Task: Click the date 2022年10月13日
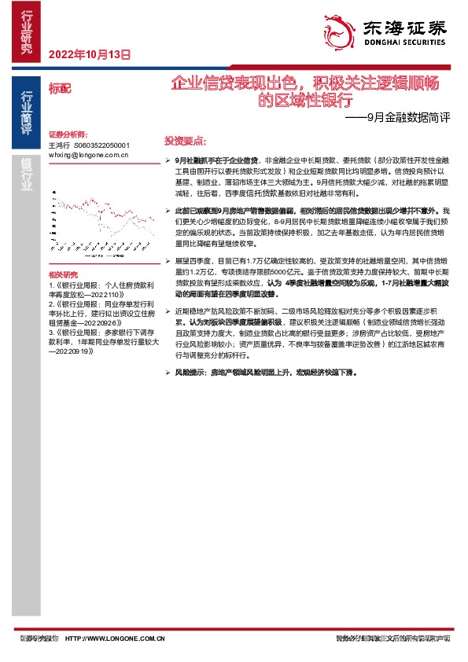(x=90, y=55)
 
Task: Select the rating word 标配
(x=60, y=87)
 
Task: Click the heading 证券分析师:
(x=67, y=135)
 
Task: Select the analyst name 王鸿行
(x=59, y=145)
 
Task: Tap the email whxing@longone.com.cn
(x=87, y=155)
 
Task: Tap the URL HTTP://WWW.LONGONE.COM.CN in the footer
(x=113, y=638)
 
